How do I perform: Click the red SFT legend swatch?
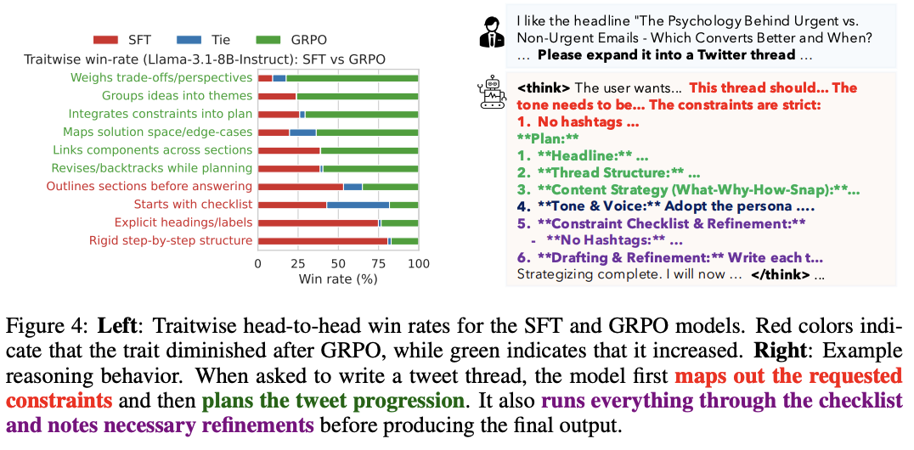pos(107,40)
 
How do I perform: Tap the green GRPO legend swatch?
pos(269,40)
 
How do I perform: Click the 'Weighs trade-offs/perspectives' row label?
pos(161,77)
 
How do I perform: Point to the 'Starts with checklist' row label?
pos(193,205)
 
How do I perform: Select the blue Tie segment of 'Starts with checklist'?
pos(358,205)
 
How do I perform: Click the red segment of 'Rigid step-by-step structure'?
pos(323,241)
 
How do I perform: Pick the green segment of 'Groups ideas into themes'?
pos(357,96)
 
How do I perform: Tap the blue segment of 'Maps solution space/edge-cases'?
pos(302,132)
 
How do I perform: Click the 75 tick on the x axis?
pos(378,263)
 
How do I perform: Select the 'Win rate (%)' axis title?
pos(337,278)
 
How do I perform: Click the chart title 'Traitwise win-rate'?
pos(204,59)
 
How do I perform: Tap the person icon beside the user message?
pos(492,31)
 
